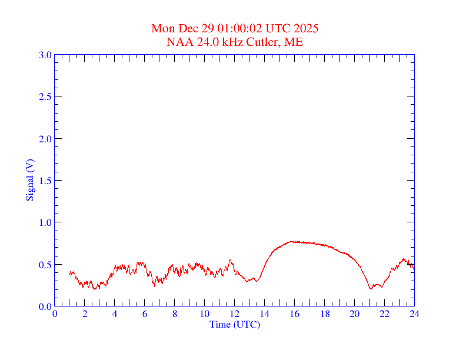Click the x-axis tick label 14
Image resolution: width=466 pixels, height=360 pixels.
pos(264,314)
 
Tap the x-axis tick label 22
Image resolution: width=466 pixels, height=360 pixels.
pos(384,314)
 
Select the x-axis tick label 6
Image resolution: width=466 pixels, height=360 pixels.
pos(145,314)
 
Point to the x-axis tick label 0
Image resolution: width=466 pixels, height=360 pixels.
pos(55,314)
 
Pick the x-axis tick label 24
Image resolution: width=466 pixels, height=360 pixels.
pos(414,314)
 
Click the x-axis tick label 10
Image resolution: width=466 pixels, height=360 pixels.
pos(204,314)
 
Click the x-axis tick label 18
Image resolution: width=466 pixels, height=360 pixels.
pos(324,314)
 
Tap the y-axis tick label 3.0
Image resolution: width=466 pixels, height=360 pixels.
pos(45,55)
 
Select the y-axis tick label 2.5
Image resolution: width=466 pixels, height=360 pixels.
pos(45,96)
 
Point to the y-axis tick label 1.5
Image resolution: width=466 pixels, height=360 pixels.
pos(45,181)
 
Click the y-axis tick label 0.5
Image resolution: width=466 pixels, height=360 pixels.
pos(45,265)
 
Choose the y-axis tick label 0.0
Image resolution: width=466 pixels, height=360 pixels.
pos(45,306)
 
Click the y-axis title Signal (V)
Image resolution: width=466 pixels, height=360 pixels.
pos(29,181)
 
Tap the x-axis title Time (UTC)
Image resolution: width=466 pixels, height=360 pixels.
pos(235,324)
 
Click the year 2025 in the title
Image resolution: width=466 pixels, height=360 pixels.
pos(307,28)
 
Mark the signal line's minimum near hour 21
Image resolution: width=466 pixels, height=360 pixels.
pos(371,289)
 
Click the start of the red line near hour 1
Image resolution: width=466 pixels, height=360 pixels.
pos(69,274)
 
